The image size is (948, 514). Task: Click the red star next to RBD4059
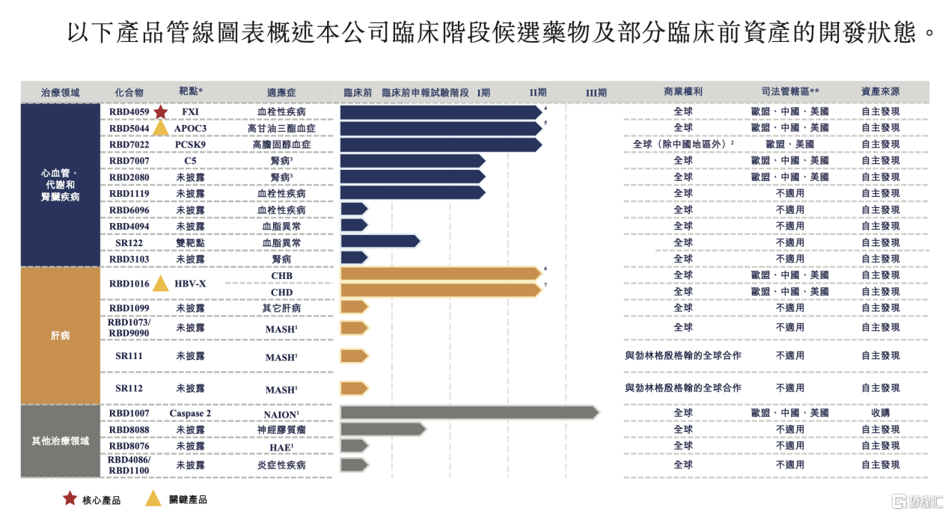[160, 112]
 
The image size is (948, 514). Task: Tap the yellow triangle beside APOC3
[161, 128]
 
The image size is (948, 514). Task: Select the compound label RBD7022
[129, 144]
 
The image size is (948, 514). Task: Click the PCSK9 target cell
[190, 144]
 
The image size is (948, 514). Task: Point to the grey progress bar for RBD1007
[468, 412]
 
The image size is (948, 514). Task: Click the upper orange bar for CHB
[440, 274]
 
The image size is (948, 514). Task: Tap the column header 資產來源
[880, 92]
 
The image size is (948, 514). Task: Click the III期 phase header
[596, 93]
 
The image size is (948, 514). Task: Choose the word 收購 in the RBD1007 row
[880, 413]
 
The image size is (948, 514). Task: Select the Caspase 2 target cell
[190, 414]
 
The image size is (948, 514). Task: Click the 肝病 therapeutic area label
[60, 335]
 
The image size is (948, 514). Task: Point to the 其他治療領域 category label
[60, 441]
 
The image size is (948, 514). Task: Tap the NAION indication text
[281, 414]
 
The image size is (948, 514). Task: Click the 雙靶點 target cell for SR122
[190, 243]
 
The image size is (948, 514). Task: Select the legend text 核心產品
[101, 500]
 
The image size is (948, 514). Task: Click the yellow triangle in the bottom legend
[153, 498]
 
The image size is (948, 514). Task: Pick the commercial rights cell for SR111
[682, 356]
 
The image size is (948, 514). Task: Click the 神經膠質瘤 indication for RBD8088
[281, 430]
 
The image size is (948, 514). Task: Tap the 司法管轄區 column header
[789, 92]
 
